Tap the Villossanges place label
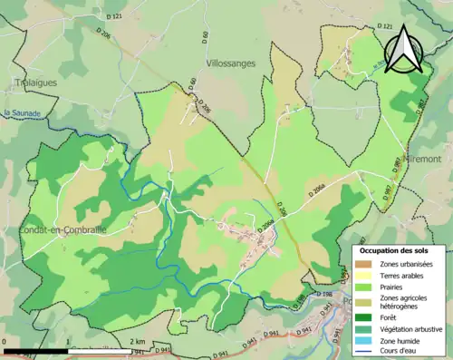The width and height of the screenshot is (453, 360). [230, 63]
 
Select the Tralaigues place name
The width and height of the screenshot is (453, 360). [36, 82]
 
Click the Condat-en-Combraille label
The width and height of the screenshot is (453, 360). [62, 230]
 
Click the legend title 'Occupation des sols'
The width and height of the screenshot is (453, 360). [397, 249]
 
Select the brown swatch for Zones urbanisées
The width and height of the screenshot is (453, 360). [366, 264]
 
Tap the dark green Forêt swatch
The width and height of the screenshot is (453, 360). [366, 318]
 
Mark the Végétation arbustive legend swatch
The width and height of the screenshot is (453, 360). [366, 330]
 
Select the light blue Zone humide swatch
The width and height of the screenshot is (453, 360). [366, 342]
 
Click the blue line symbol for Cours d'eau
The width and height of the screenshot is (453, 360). [366, 353]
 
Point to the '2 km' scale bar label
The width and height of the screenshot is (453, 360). [137, 341]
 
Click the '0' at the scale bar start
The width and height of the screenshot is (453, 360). [5, 341]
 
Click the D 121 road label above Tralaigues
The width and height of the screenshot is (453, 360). [111, 16]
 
